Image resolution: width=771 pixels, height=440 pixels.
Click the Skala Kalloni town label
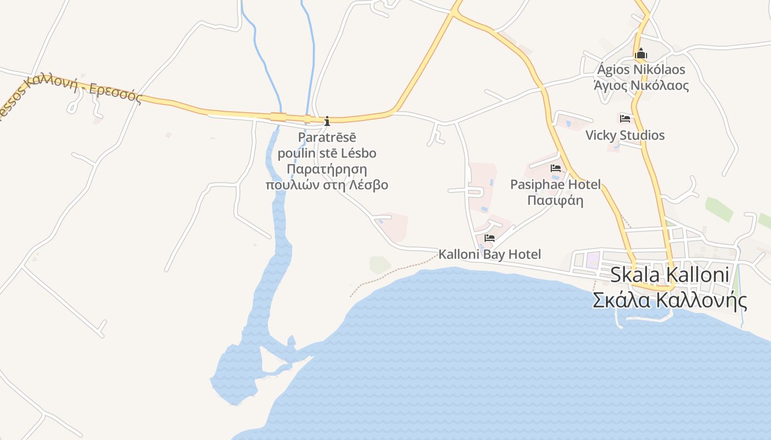pos(670,274)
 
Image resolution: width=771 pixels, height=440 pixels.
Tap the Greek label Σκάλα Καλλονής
pos(670,300)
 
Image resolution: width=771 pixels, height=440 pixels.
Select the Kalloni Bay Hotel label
pos(490,254)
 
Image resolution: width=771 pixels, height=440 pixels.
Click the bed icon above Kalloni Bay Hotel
pos(489,238)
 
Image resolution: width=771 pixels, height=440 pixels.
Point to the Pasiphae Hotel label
pos(555,184)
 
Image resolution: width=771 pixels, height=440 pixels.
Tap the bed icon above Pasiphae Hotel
pos(555,168)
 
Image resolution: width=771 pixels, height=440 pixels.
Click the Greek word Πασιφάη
pos(555,200)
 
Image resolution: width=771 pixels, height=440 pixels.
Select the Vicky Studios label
pos(625,135)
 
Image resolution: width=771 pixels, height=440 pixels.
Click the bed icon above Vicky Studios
pos(625,119)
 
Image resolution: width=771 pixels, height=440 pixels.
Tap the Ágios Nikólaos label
pos(641,70)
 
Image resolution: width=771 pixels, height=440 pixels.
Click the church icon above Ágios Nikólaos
pos(640,54)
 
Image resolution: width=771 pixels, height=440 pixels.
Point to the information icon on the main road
pos(327,120)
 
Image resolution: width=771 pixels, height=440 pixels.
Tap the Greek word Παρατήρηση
pos(327,168)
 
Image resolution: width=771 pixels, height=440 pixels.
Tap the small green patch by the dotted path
pos(379,265)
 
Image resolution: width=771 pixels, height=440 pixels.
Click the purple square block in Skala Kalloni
pos(593,260)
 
